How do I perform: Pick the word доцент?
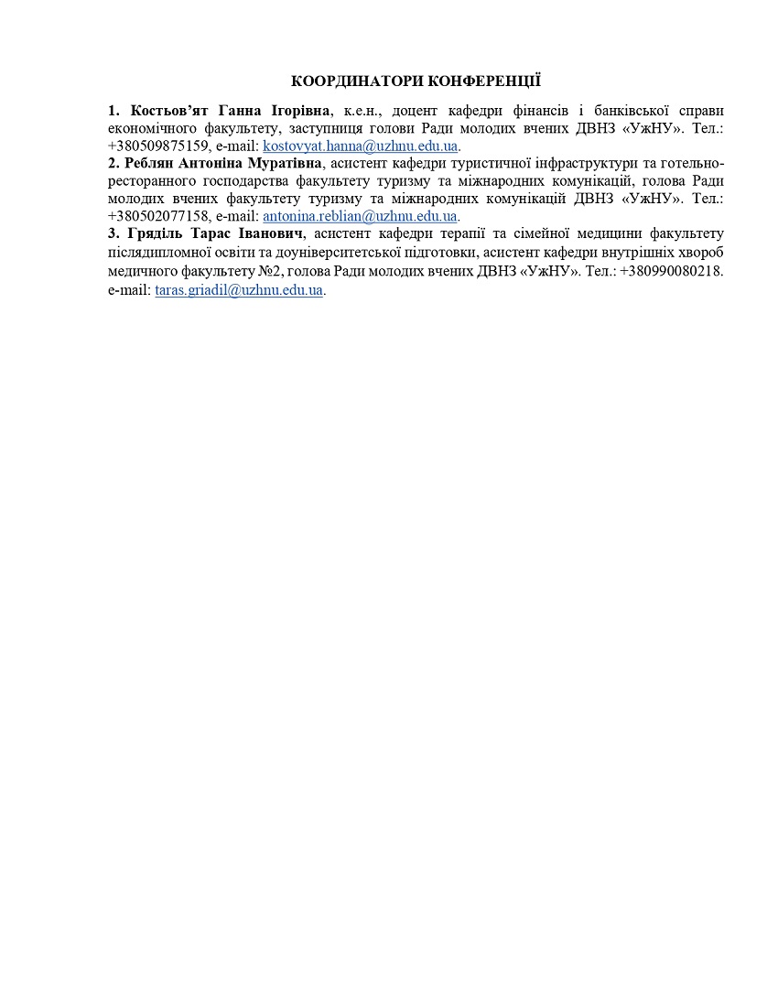[x=415, y=111]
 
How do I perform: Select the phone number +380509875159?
[x=158, y=146]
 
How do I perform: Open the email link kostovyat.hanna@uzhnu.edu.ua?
[x=360, y=146]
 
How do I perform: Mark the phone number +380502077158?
[x=158, y=216]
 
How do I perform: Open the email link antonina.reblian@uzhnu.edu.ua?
[x=360, y=216]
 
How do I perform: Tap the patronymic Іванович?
[x=267, y=233]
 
